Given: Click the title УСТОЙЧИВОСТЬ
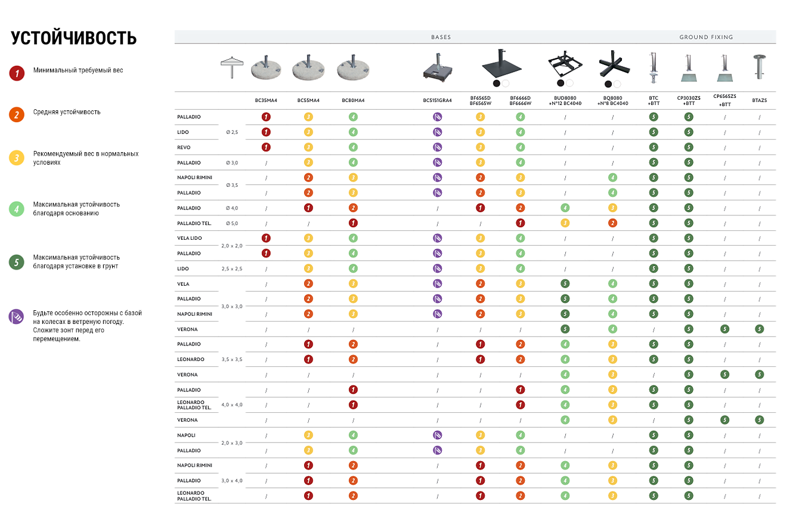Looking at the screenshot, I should (74, 38).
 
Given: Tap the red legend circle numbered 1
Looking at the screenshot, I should (17, 73).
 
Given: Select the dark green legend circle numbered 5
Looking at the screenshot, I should (17, 262).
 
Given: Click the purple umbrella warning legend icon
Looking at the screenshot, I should (17, 316).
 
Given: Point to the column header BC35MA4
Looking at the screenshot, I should (266, 100).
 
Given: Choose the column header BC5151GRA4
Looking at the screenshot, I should (437, 100).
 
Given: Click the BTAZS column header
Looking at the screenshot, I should (759, 100).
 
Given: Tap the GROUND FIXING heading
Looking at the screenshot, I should (706, 37).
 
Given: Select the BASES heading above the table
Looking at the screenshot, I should (441, 37).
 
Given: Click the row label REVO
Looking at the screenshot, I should (184, 147).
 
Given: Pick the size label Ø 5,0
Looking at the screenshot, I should (232, 223).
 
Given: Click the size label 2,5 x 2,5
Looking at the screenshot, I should (232, 269).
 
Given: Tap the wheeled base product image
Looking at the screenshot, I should (437, 67).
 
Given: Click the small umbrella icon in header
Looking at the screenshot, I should (231, 66).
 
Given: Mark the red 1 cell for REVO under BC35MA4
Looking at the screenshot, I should (266, 147).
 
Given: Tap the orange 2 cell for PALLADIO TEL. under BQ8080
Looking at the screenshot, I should (612, 223).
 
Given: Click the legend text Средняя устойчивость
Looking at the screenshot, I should (67, 112).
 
